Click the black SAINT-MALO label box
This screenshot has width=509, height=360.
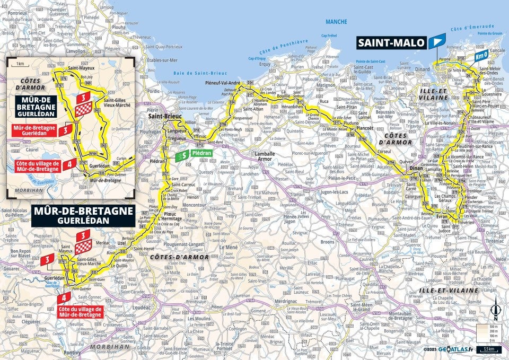391,42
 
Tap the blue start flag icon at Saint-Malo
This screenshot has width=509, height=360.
437,41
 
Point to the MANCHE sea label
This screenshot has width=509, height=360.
337,22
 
